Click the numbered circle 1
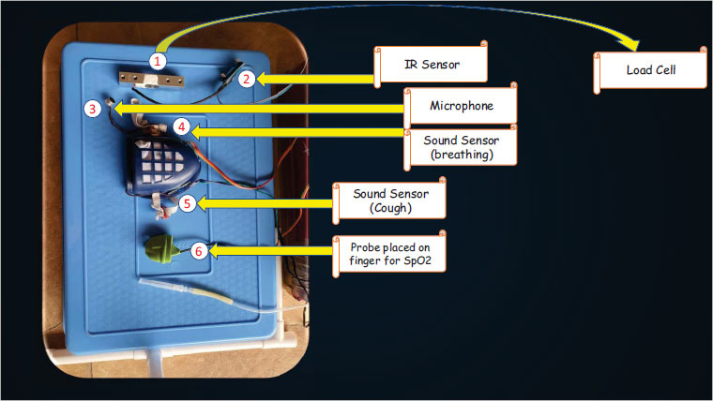pyautogui.click(x=159, y=61)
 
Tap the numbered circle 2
pyautogui.click(x=245, y=79)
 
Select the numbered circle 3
pyautogui.click(x=91, y=109)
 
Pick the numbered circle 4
pyautogui.click(x=183, y=126)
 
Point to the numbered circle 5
pyautogui.click(x=187, y=202)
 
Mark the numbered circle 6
pyautogui.click(x=198, y=250)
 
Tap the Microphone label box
pyautogui.click(x=461, y=106)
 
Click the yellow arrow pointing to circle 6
pyautogui.click(x=272, y=250)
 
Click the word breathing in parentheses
pyautogui.click(x=459, y=155)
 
